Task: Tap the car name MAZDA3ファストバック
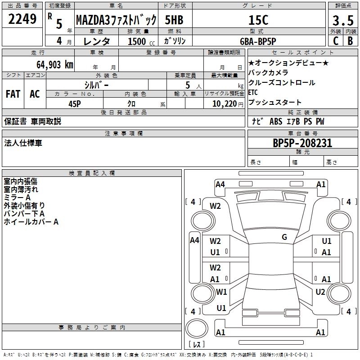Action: (116, 20)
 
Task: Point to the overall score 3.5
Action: (342, 21)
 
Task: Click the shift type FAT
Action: (13, 94)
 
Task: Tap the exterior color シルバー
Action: (96, 85)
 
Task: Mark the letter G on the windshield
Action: (284, 237)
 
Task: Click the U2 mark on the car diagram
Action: (320, 292)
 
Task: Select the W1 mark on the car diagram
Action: (221, 292)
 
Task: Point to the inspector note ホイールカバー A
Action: (31, 221)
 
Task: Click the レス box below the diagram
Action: (196, 345)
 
